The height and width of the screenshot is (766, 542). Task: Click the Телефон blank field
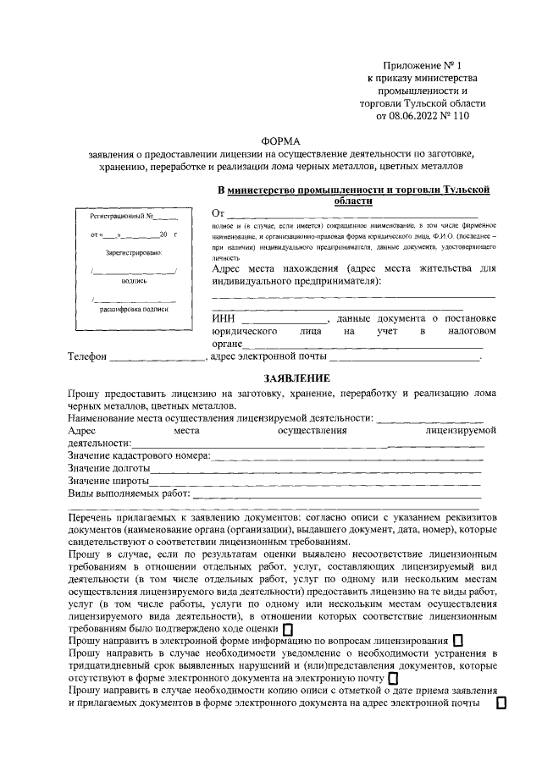158,358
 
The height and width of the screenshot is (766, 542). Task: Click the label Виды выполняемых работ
130,493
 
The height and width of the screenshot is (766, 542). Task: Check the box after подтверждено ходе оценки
287,630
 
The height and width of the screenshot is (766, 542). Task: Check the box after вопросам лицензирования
458,642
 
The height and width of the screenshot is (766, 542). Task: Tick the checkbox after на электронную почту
392,679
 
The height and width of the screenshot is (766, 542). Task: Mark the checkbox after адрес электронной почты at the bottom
501,704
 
